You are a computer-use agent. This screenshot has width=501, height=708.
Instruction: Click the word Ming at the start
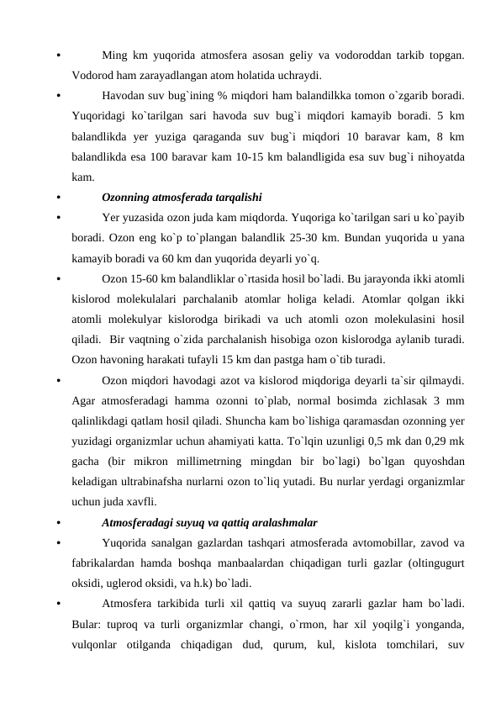point(114,56)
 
